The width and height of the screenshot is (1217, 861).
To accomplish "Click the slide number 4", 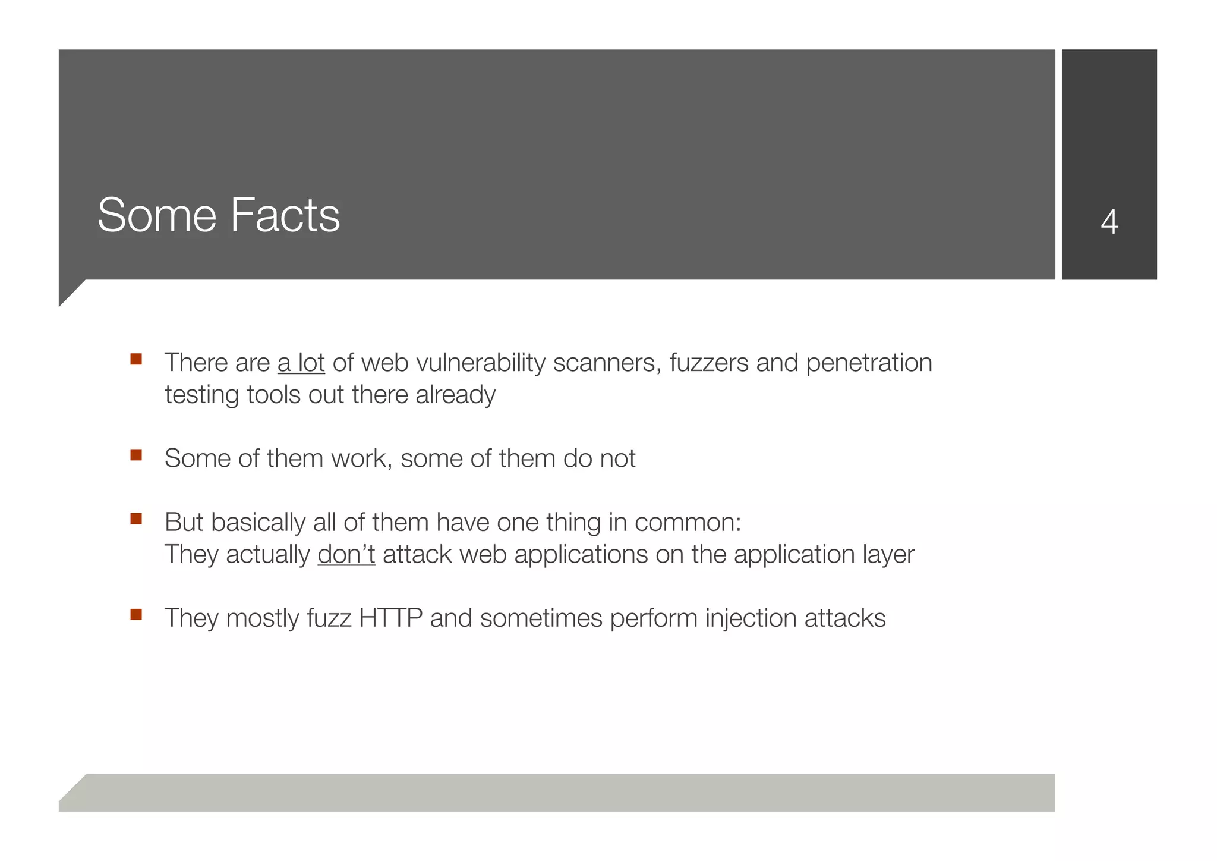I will (1109, 222).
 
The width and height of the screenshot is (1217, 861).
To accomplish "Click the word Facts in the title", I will (285, 215).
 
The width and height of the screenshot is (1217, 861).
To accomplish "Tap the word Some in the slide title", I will (157, 215).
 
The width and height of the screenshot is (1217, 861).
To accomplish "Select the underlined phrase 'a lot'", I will (301, 363).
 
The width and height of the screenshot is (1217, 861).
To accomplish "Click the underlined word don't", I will (346, 554).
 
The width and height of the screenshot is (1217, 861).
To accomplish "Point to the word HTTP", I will (390, 618).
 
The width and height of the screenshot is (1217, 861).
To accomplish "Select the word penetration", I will (869, 363).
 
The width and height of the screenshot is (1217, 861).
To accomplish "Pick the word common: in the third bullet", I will (688, 522).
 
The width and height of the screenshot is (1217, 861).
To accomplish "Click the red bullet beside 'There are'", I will (136, 359).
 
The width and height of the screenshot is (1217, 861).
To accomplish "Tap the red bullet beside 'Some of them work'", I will (136, 455).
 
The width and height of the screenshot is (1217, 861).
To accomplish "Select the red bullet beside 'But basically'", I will (136, 519).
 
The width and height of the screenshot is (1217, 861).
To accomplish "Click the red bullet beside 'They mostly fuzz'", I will (136, 614).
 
